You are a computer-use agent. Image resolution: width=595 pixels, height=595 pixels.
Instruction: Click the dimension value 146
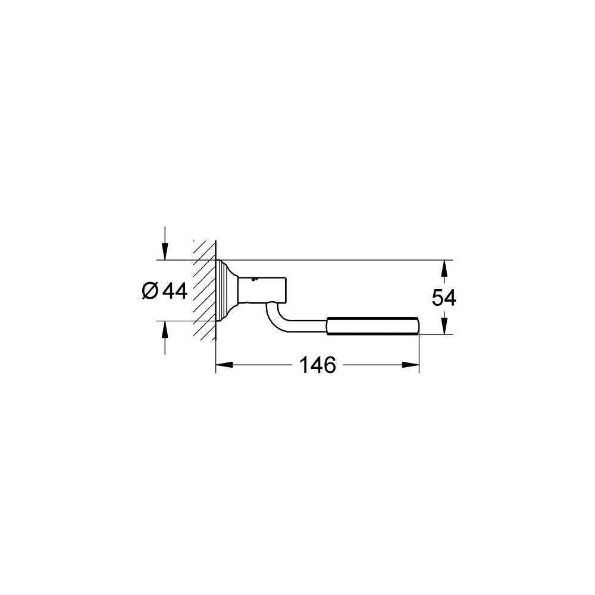point(318,365)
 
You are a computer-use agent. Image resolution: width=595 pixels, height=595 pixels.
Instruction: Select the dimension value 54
point(443,297)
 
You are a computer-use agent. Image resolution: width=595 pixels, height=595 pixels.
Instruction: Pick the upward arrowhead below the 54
point(443,327)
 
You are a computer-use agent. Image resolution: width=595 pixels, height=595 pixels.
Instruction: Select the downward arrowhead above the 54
point(443,269)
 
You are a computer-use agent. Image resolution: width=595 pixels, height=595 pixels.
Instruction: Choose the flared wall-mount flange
point(227,290)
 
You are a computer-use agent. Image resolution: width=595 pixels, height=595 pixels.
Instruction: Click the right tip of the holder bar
point(419,327)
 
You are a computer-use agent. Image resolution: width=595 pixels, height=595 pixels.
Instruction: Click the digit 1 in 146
point(304,365)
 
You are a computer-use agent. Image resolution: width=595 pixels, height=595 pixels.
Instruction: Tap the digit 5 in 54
point(437,297)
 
